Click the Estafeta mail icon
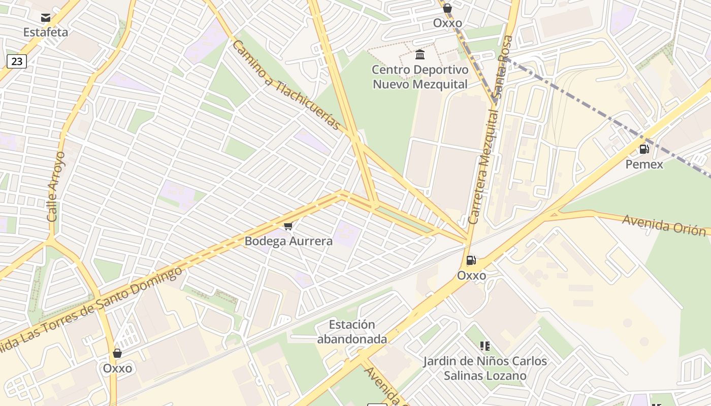tap(46, 18)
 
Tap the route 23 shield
tap(16, 61)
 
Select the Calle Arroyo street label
tap(56, 186)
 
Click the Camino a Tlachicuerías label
tap(286, 85)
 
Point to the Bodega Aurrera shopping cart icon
tap(288, 226)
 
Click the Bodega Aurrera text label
tap(288, 241)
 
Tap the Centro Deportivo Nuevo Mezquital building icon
tap(420, 54)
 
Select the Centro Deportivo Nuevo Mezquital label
tap(420, 77)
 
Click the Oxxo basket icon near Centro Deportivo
tap(447, 9)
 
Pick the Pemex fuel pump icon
tap(644, 149)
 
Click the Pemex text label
tap(644, 164)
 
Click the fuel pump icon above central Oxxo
tap(471, 260)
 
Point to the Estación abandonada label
tap(352, 332)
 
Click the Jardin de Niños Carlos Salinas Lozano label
tap(485, 368)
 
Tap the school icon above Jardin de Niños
tap(485, 346)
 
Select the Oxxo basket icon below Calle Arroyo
tap(117, 353)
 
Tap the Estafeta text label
tap(46, 32)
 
